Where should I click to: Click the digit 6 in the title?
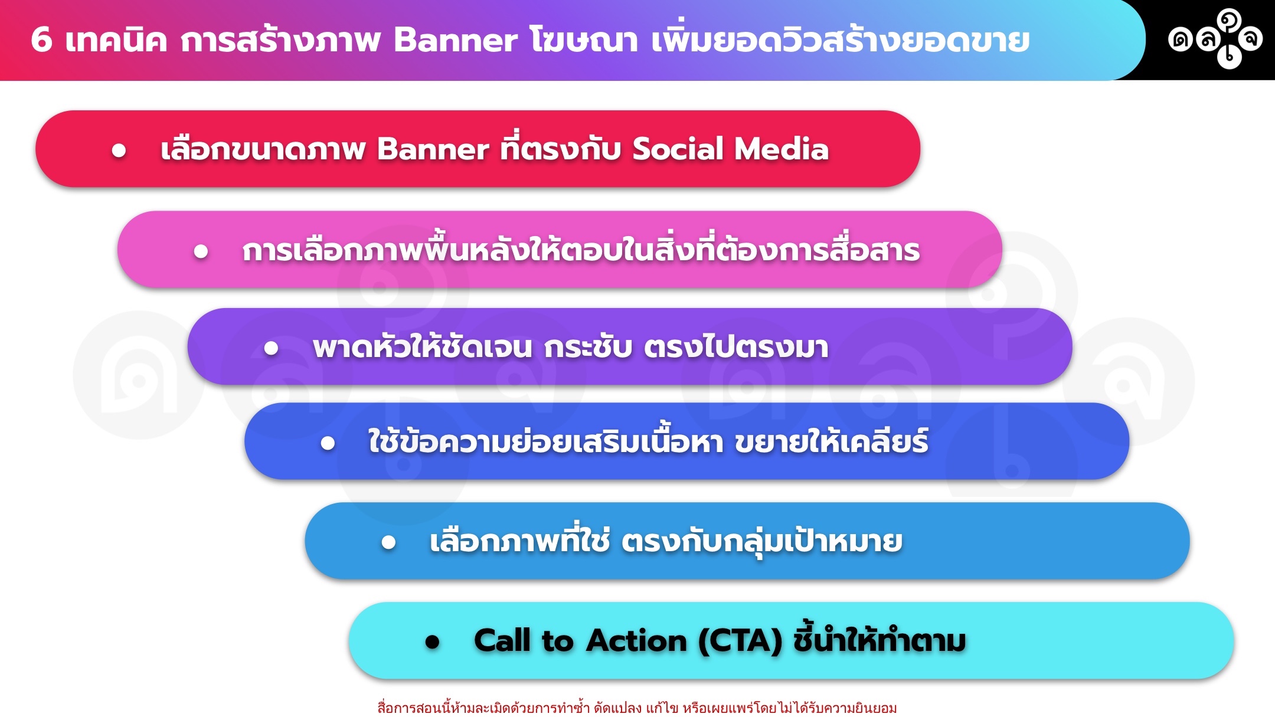[x=41, y=40]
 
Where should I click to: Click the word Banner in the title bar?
[x=455, y=40]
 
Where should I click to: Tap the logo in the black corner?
[x=1215, y=39]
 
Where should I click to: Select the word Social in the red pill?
[x=678, y=149]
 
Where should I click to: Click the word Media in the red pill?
[x=782, y=149]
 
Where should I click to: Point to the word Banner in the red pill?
[x=433, y=149]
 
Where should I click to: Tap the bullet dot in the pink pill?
[x=201, y=252]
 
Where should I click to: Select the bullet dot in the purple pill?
[x=271, y=348]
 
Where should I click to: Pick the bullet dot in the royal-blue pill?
[x=328, y=443]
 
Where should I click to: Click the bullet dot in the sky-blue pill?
[x=388, y=542]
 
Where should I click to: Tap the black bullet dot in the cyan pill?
[x=433, y=642]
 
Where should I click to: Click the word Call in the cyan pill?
[x=502, y=640]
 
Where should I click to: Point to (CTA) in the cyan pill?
[x=741, y=641]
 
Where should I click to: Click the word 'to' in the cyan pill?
[x=558, y=641]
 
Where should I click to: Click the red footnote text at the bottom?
[x=637, y=708]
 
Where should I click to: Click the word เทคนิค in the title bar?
[x=116, y=40]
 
